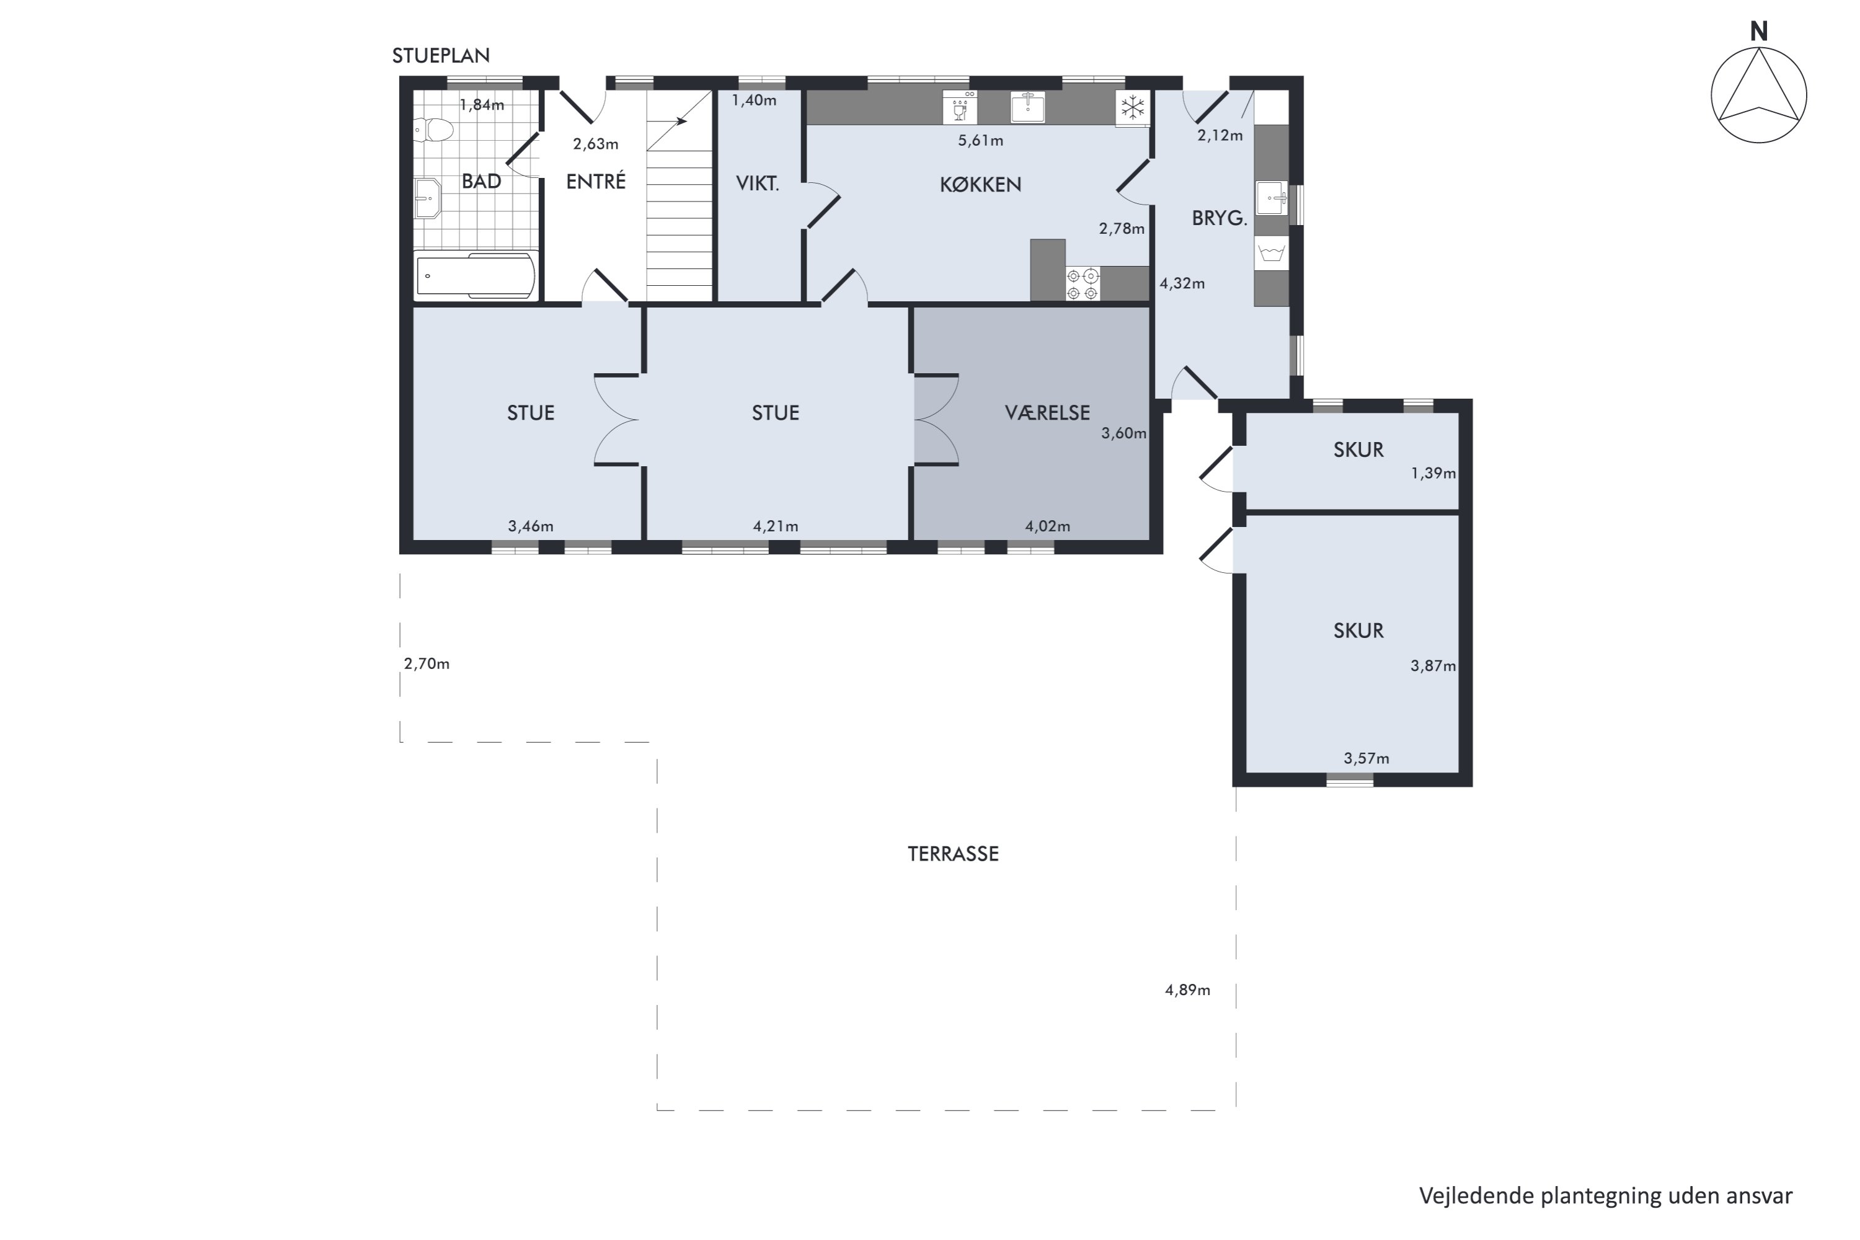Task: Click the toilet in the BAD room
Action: [433, 130]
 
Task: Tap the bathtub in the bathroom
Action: [476, 276]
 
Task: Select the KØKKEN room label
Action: [980, 184]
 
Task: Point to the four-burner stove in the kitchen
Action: [1083, 284]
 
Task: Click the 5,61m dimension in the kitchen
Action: [980, 141]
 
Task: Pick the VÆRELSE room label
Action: [1047, 412]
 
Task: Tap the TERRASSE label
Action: [952, 853]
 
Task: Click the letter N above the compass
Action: [1758, 32]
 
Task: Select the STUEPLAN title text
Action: [440, 55]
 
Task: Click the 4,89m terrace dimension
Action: [1187, 990]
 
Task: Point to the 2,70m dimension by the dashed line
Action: [427, 663]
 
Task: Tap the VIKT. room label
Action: [757, 184]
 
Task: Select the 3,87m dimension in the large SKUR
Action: [1432, 666]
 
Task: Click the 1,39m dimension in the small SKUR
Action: [1432, 473]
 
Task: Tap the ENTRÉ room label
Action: [595, 181]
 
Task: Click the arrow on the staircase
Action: [680, 121]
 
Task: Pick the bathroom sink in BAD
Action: [427, 197]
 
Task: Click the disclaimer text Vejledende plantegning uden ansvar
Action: [1605, 1195]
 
